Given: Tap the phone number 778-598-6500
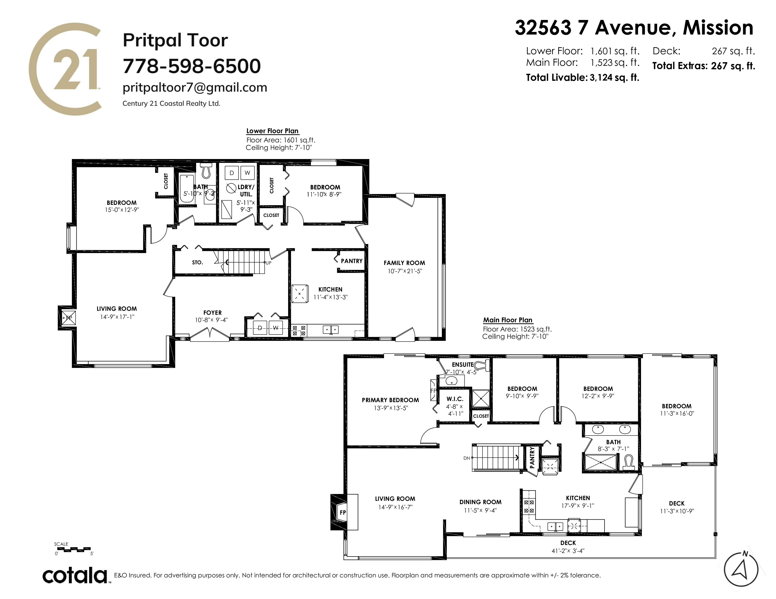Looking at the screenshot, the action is click(192, 66).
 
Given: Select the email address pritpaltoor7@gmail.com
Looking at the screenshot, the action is click(195, 87).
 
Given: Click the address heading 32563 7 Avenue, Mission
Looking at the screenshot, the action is click(634, 28).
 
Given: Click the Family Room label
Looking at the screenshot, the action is click(404, 263).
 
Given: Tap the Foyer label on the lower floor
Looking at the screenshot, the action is click(213, 313).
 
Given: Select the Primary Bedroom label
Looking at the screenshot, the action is click(390, 400).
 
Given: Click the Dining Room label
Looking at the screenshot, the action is click(480, 502).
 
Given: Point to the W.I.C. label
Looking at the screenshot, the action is click(455, 399).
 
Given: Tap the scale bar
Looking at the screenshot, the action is click(74, 549).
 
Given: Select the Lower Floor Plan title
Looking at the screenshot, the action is click(273, 131).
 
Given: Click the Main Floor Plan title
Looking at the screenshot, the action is click(508, 320).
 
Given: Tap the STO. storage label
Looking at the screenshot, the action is click(198, 263).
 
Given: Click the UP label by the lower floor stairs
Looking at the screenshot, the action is click(268, 263).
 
